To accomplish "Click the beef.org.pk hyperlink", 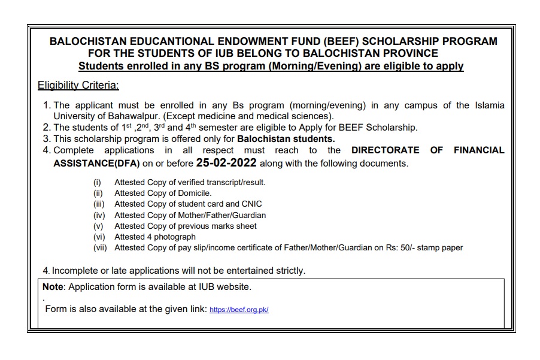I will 239,310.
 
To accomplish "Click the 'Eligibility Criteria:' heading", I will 78,85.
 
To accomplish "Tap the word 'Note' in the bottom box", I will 53,287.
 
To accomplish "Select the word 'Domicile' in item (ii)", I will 193,193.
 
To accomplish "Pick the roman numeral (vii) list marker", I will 100,247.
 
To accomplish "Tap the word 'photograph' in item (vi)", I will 176,237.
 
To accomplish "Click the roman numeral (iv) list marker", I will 99,215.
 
